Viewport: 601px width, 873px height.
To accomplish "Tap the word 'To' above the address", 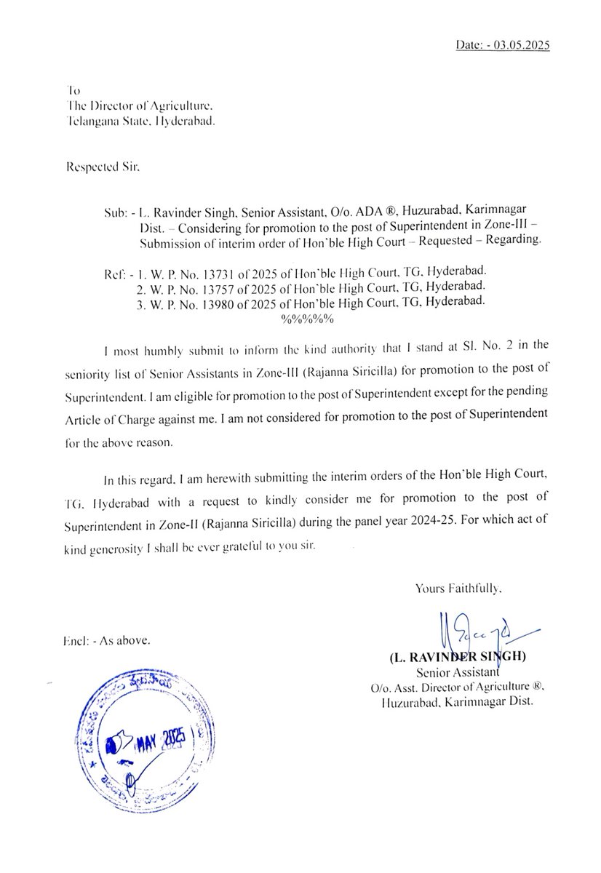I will (x=72, y=91).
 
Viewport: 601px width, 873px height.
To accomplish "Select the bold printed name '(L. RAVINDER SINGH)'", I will (x=458, y=658).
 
